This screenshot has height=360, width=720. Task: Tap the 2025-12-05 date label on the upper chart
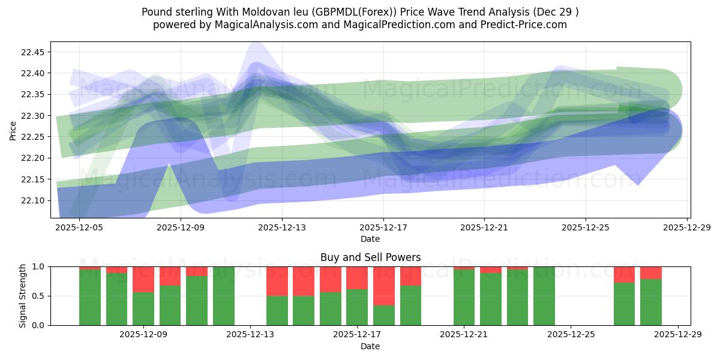(x=80, y=228)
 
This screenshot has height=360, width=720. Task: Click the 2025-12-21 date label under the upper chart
(x=484, y=228)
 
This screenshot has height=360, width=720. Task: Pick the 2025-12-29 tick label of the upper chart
(x=686, y=228)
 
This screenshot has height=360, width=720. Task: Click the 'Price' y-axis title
(x=13, y=130)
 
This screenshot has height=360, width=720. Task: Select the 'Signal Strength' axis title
(x=22, y=296)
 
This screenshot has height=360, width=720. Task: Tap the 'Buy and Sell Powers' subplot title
(x=370, y=257)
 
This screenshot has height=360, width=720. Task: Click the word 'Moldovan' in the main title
(x=275, y=12)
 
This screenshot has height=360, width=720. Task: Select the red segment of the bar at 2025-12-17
(x=357, y=278)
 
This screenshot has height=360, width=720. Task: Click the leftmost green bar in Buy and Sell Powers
(x=90, y=297)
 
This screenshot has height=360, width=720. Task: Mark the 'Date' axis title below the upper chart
(x=370, y=239)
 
